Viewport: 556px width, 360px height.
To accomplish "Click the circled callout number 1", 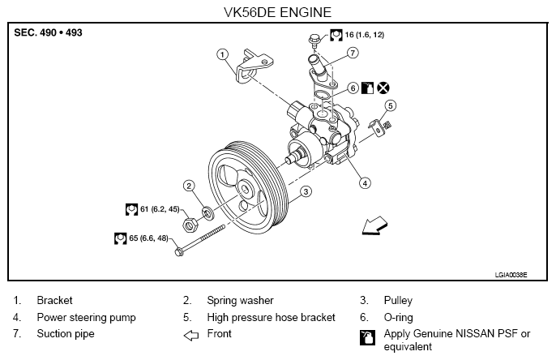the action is pos(222,54).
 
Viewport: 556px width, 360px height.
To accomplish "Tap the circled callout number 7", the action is pos(353,53).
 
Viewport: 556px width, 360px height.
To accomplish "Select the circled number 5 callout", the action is pos(391,105).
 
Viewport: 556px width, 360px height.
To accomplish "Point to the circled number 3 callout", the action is pos(306,191).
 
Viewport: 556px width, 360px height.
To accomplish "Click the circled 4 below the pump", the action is pos(365,183).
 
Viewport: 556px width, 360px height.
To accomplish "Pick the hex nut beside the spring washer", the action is pos(190,225).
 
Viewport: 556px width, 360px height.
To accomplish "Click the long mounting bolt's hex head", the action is pos(179,252).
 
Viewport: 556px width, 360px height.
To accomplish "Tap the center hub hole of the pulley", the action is pos(245,189).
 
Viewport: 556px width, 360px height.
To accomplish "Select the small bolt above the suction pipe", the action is pos(314,41).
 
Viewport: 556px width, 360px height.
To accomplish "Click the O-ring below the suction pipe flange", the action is pos(322,95).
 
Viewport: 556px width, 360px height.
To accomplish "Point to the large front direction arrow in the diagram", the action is pos(374,226).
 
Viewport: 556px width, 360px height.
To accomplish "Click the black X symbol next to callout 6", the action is pos(383,88).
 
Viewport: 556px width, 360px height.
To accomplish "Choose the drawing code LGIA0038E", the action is pos(511,275).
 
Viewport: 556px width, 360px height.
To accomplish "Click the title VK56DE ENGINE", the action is pos(278,12).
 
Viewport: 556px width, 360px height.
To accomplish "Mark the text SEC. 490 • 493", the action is pos(48,32).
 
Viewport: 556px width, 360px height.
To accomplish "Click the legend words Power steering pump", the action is pos(86,317).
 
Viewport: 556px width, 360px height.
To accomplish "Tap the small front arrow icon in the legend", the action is pos(191,335).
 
